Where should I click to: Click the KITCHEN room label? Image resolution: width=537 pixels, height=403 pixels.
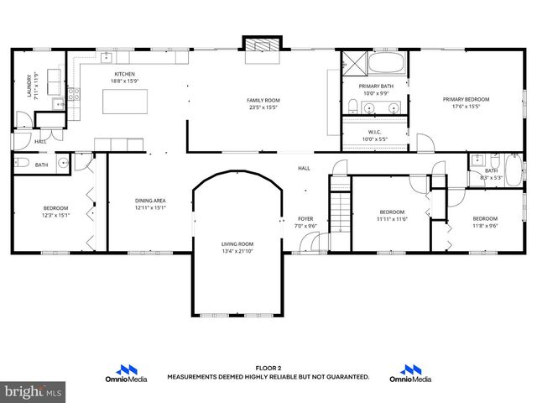click(x=124, y=74)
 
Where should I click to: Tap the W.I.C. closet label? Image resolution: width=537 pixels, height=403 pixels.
click(x=374, y=132)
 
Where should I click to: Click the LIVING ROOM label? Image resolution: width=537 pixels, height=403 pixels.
click(x=237, y=243)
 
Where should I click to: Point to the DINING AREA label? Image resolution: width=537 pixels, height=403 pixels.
click(x=150, y=201)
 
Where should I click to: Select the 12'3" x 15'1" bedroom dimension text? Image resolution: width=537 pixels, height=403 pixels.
click(x=57, y=215)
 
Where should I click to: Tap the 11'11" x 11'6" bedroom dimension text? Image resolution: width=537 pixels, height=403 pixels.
click(x=392, y=219)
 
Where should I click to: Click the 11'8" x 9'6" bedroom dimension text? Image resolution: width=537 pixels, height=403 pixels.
click(x=485, y=225)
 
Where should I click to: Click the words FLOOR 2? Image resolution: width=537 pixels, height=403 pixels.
click(x=268, y=369)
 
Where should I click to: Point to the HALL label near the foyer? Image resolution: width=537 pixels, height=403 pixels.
click(x=304, y=168)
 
